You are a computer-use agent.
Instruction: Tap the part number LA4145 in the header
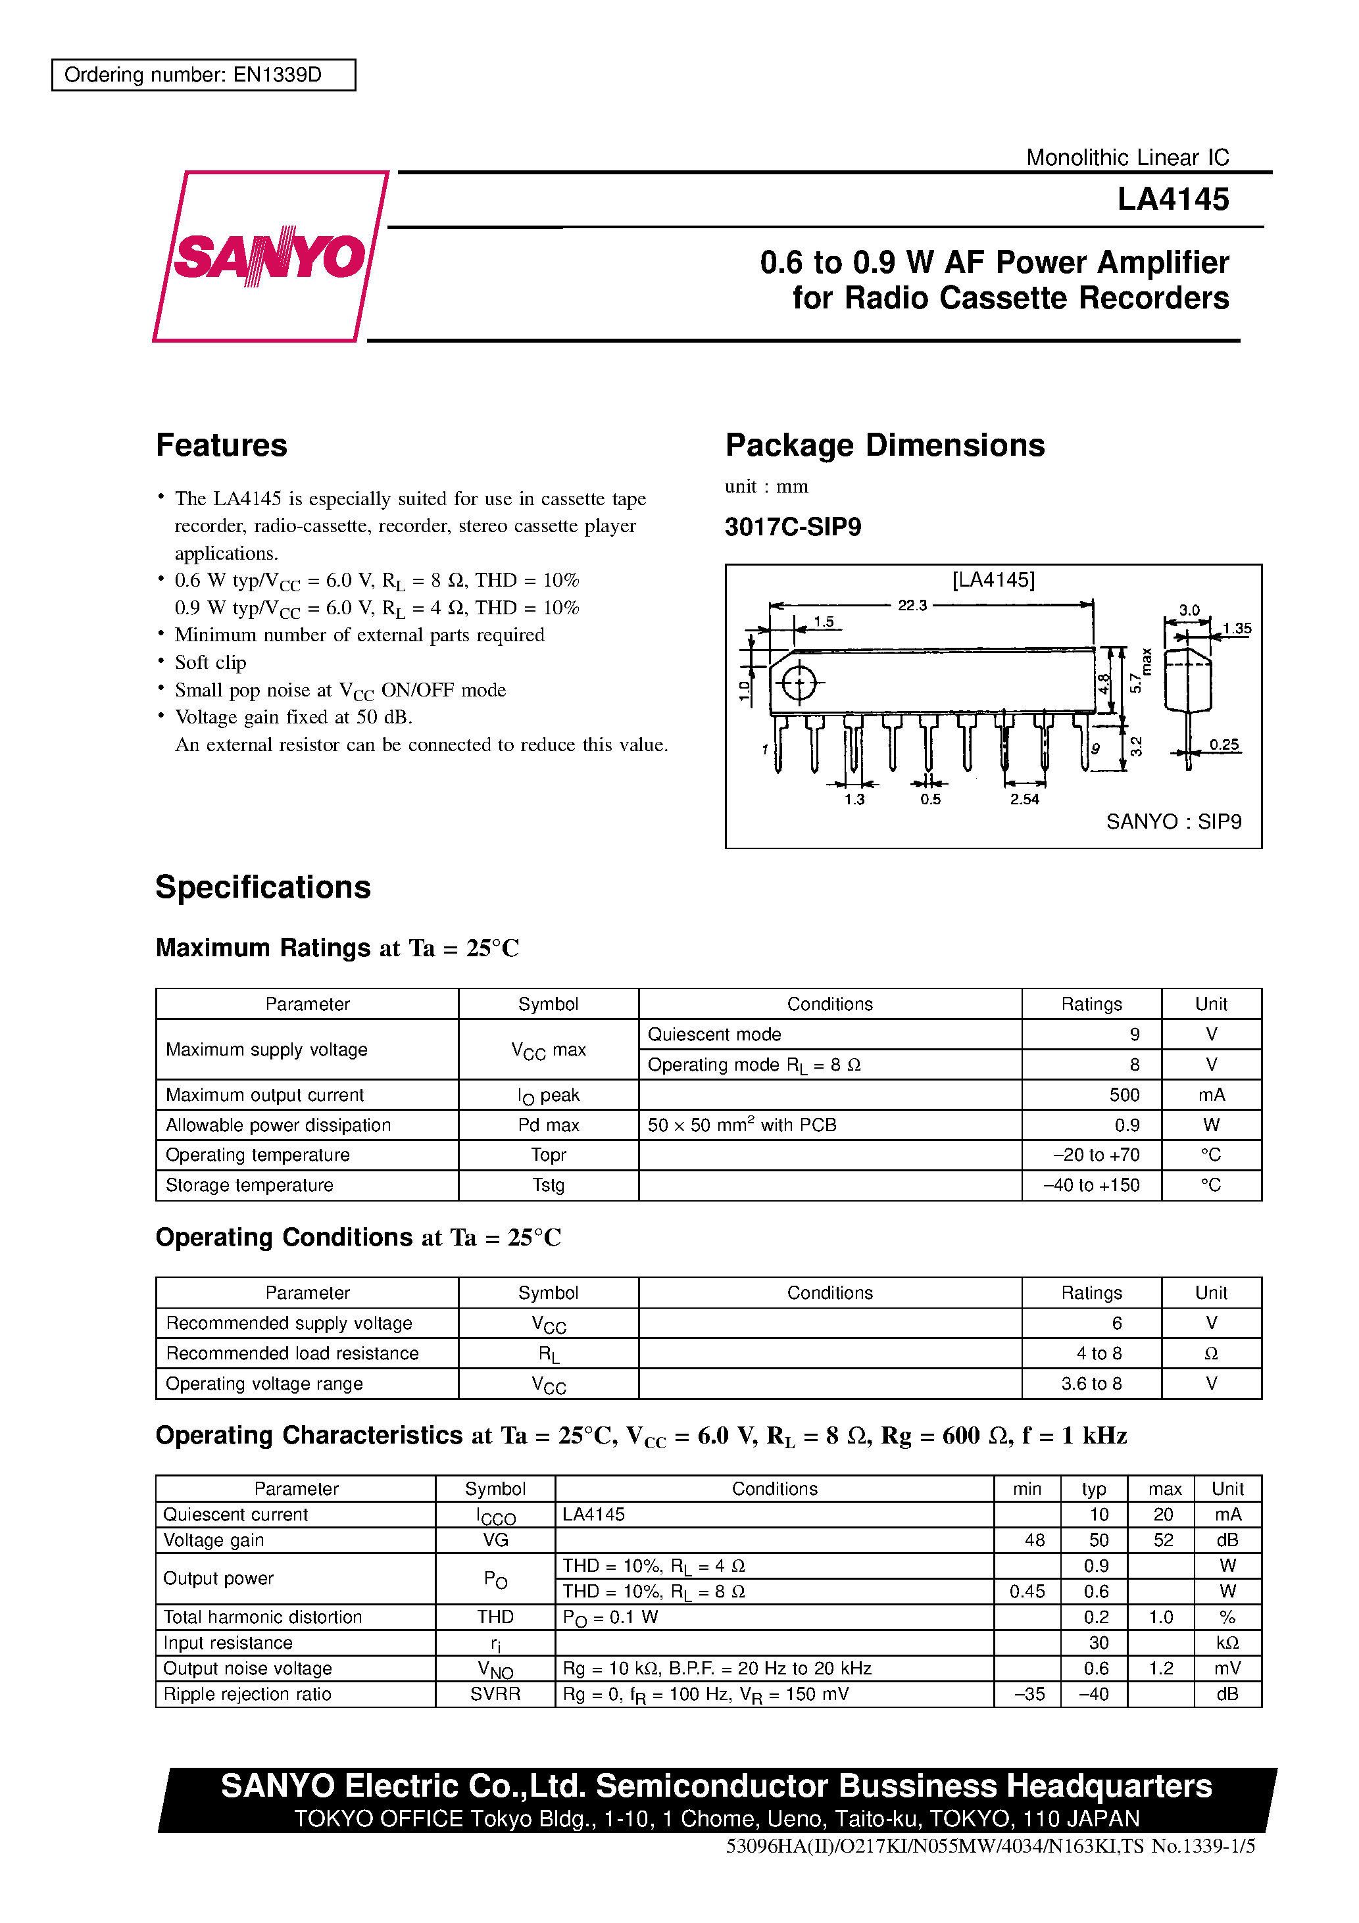1172,199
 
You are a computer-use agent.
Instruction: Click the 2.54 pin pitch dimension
1024,799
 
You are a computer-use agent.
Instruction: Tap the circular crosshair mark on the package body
799,683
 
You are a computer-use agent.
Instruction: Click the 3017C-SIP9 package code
793,527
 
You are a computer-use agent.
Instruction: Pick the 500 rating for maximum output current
1124,1094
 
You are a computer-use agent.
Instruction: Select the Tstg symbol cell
548,1185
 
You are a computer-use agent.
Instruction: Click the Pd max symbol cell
548,1125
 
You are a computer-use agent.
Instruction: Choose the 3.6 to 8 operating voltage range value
1091,1384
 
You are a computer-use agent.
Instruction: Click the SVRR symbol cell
495,1694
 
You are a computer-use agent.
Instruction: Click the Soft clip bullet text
210,662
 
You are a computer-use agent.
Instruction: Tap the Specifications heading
262,888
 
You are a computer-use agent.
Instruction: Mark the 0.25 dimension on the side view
1223,744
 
